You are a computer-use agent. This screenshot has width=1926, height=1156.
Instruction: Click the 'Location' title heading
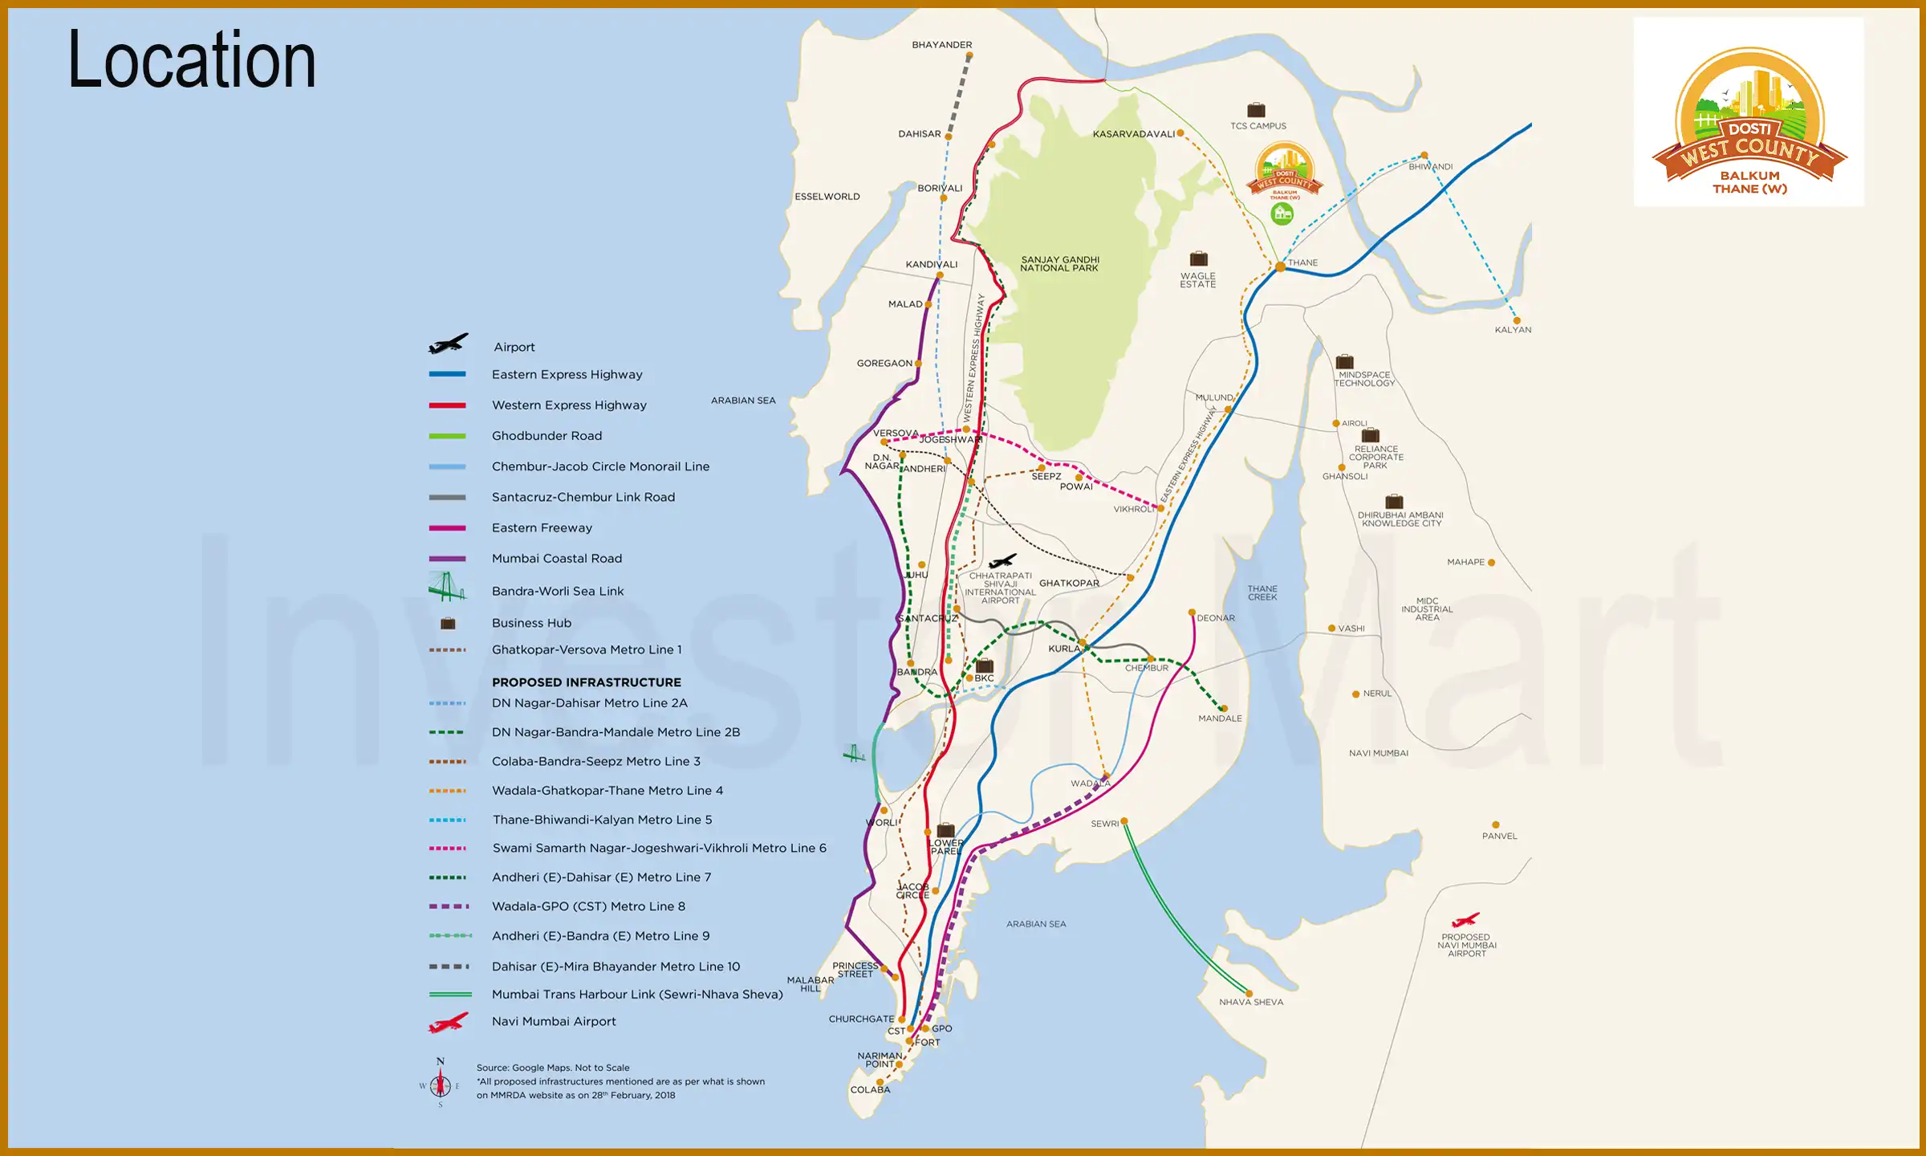(x=191, y=60)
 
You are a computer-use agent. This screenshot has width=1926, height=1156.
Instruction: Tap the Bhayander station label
(x=941, y=45)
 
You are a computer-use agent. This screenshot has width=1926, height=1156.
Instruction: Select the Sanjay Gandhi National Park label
(x=1059, y=264)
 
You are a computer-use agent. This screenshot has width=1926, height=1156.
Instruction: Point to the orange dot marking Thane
(x=1280, y=267)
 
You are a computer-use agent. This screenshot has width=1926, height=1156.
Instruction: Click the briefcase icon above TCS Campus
(x=1256, y=110)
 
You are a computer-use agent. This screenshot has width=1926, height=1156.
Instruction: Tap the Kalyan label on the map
(x=1513, y=330)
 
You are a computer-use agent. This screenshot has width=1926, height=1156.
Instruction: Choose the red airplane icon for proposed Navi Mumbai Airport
(x=1465, y=920)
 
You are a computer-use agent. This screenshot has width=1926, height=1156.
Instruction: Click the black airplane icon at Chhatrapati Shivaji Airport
(x=1002, y=560)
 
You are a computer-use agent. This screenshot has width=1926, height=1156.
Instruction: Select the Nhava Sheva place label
(x=1250, y=1002)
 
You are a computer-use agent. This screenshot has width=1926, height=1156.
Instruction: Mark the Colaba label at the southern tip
(x=870, y=1089)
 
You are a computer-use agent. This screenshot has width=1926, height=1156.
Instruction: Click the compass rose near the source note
(x=440, y=1085)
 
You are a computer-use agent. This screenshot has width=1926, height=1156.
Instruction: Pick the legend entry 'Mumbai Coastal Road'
(x=556, y=559)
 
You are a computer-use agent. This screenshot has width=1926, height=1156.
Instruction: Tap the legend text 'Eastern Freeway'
(x=542, y=528)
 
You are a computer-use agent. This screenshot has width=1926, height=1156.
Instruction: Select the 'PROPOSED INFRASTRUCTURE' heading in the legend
(x=586, y=682)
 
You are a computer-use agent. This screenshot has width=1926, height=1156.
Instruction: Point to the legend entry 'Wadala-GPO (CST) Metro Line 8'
(x=588, y=906)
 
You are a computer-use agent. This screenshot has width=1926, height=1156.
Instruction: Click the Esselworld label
(x=827, y=197)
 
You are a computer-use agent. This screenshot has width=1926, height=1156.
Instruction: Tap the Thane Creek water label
(x=1262, y=593)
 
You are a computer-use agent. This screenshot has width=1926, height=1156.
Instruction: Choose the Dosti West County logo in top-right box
(x=1749, y=120)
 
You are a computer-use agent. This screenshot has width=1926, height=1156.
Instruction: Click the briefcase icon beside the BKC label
(x=984, y=666)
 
